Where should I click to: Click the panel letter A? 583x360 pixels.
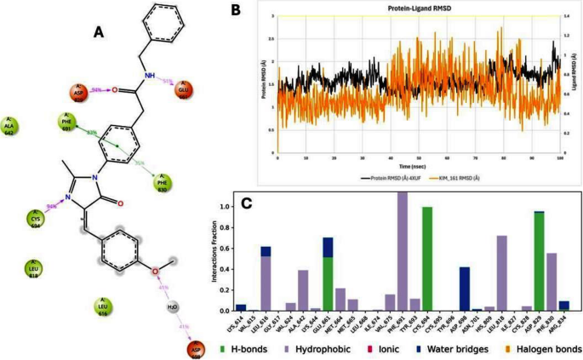click(100, 31)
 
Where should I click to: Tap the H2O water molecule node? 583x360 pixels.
click(173, 306)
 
